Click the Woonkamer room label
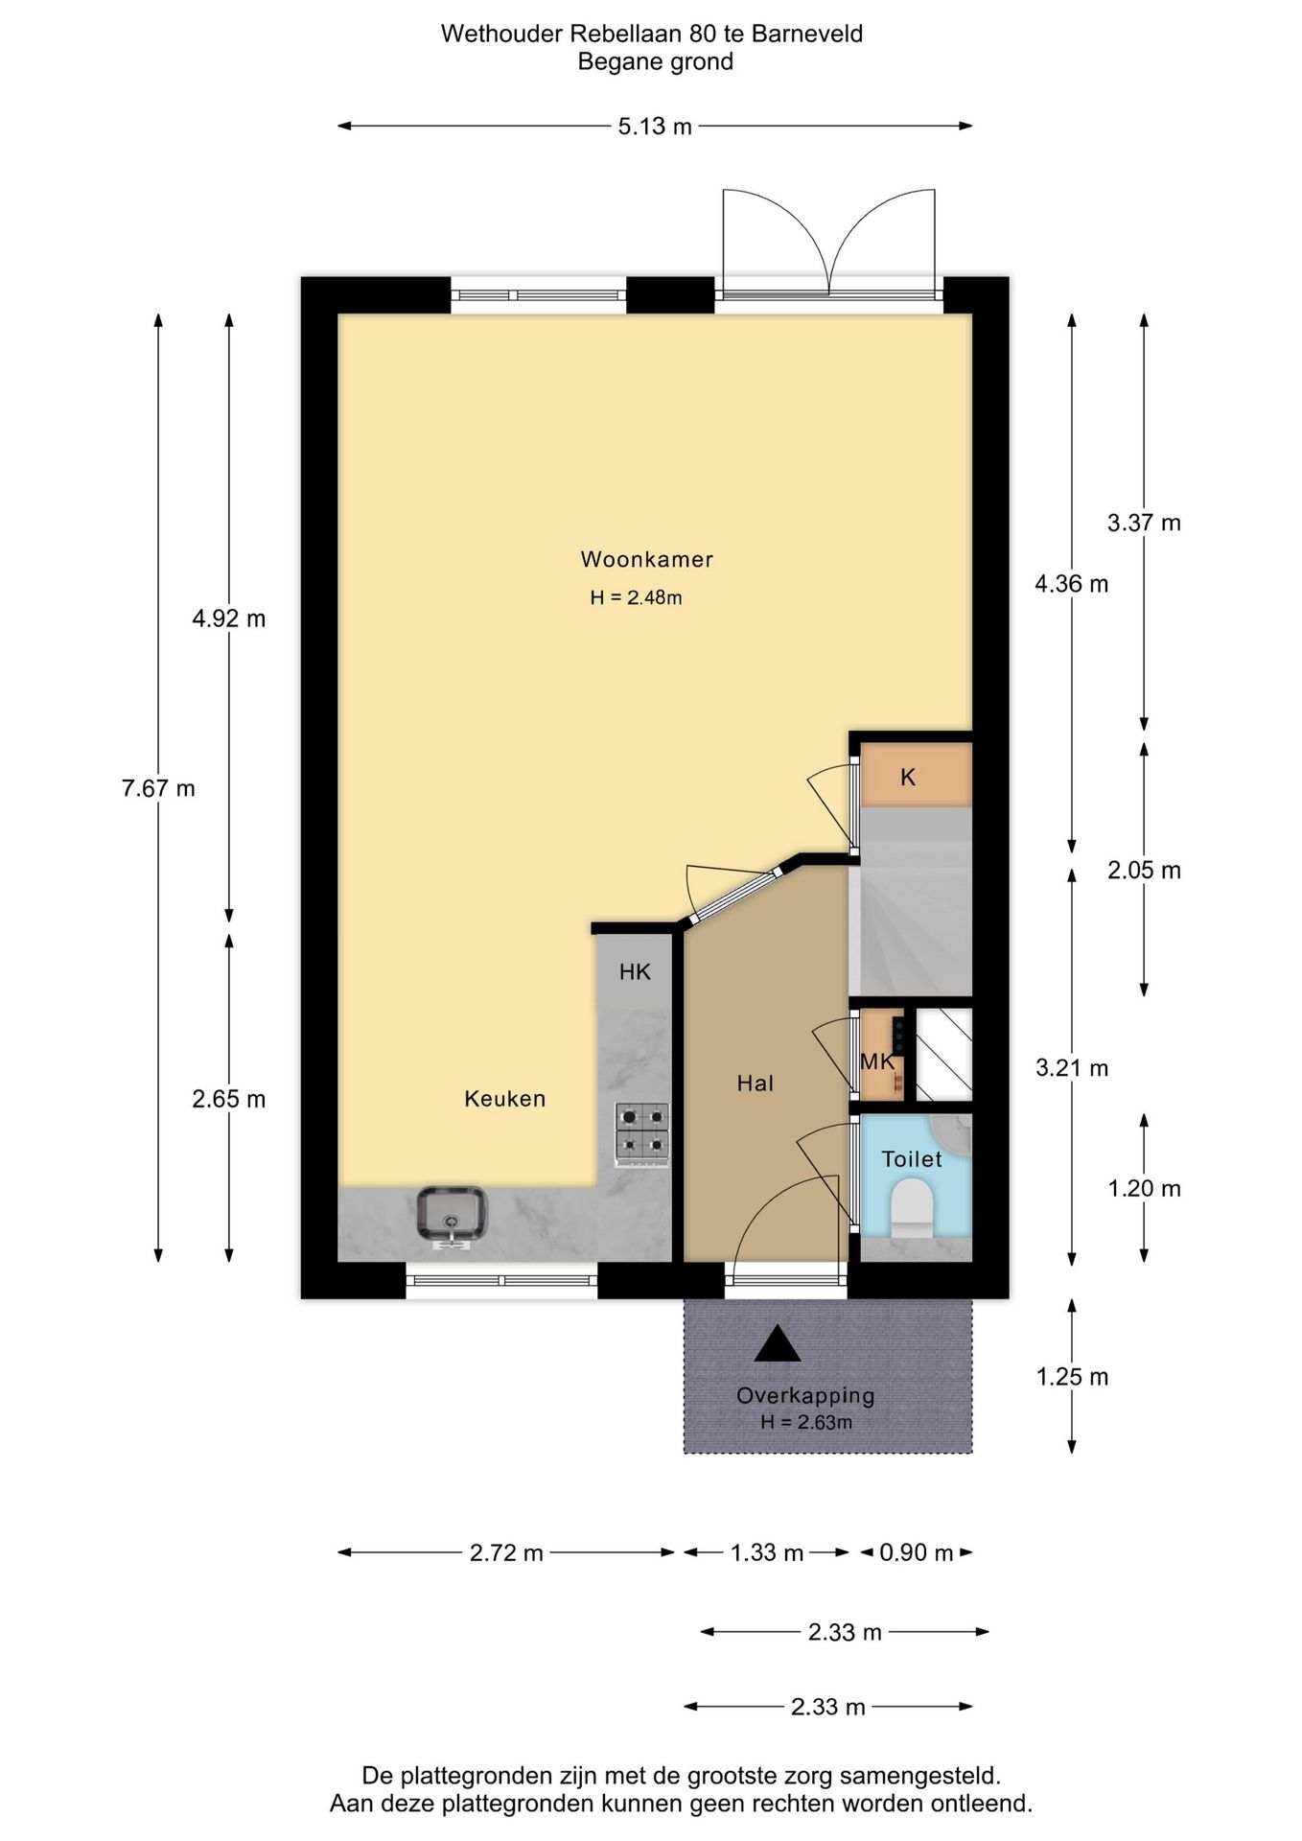click(x=647, y=559)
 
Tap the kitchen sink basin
click(x=453, y=1213)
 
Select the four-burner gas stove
click(x=642, y=1134)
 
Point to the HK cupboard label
click(x=635, y=972)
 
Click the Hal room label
click(x=756, y=1084)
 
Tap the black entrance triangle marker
click(x=778, y=1344)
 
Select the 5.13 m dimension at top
click(x=655, y=127)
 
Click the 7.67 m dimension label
click(x=158, y=788)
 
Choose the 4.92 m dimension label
click(x=229, y=618)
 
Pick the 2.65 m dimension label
click(x=229, y=1099)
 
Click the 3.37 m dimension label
click(x=1144, y=523)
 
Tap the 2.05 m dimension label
click(x=1144, y=871)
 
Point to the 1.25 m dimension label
click(x=1072, y=1377)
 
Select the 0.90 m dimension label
click(x=917, y=1552)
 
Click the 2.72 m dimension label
click(x=506, y=1552)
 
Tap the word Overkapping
click(x=805, y=1396)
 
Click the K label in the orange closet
click(x=908, y=778)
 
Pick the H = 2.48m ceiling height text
click(x=636, y=597)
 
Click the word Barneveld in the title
click(x=807, y=34)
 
